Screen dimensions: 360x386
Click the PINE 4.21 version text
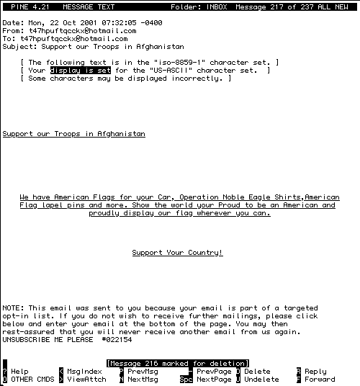(x=30, y=7)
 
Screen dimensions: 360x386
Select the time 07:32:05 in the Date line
(x=119, y=23)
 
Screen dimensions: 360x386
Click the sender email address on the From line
(x=82, y=31)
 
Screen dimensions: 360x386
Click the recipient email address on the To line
(x=74, y=39)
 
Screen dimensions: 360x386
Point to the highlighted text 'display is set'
(x=81, y=71)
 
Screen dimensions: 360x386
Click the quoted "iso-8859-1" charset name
(x=179, y=62)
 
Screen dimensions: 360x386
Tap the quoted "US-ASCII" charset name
(x=171, y=71)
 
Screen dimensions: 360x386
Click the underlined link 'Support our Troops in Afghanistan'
(x=74, y=134)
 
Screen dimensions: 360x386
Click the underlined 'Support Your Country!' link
(x=177, y=253)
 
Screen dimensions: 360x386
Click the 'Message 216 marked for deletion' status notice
(x=178, y=364)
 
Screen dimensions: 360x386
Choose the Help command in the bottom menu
(x=19, y=372)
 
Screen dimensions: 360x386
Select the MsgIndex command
(x=84, y=372)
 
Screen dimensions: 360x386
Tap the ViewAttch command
(x=86, y=380)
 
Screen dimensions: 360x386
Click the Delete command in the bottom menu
(x=257, y=372)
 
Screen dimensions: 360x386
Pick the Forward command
(x=320, y=380)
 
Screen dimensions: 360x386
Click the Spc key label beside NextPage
(x=186, y=380)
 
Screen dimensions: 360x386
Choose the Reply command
(x=315, y=372)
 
